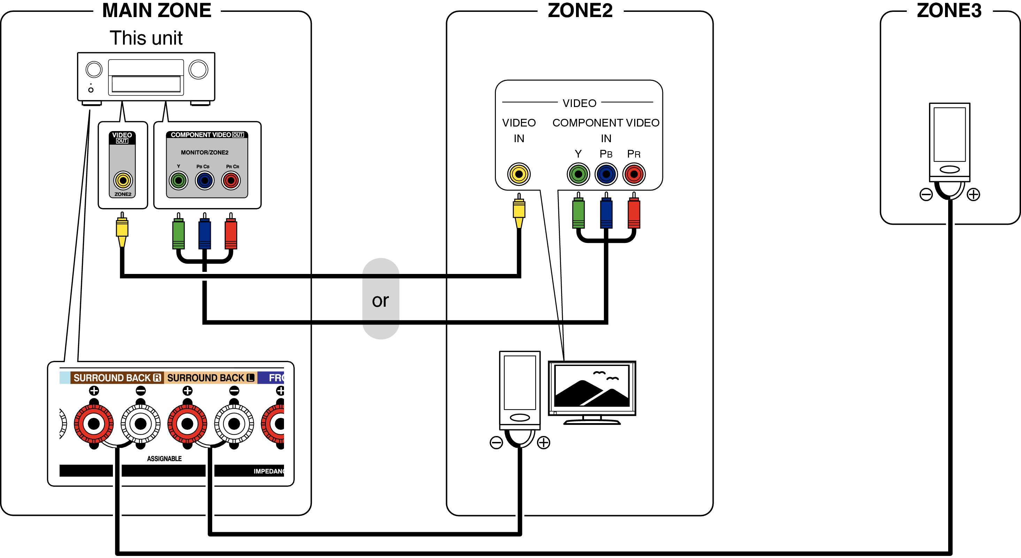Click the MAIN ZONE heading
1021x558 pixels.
(x=156, y=11)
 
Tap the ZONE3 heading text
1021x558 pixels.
(x=949, y=11)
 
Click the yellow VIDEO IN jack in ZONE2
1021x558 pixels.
(x=519, y=174)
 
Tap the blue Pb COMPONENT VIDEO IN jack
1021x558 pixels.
(x=606, y=174)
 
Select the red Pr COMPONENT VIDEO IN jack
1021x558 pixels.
(x=634, y=174)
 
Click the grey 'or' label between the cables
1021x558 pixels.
(x=381, y=300)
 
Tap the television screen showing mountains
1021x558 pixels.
(x=592, y=387)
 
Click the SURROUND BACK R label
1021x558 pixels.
(x=117, y=378)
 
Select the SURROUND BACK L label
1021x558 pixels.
(x=210, y=378)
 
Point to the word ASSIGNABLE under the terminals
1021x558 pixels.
(x=164, y=459)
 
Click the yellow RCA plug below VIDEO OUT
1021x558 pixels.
(x=122, y=229)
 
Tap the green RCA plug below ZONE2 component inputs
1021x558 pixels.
(x=578, y=213)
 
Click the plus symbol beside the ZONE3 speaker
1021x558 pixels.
(x=973, y=194)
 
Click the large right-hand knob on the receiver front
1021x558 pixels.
(x=198, y=70)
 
